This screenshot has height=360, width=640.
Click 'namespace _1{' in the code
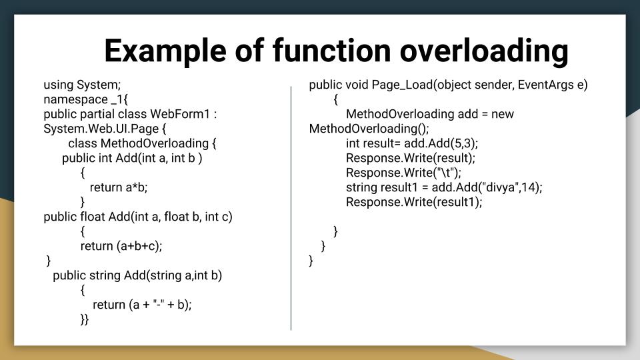click(x=85, y=99)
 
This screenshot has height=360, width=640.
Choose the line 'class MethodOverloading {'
click(x=143, y=143)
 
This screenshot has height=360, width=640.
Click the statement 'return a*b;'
click(x=119, y=187)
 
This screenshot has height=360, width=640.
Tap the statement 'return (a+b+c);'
click(x=121, y=246)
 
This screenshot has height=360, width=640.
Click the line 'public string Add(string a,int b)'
click(x=137, y=275)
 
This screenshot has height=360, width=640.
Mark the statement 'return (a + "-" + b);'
click(x=142, y=305)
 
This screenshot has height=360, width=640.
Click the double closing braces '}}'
click(x=85, y=319)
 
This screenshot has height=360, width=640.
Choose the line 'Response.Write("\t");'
click(x=403, y=173)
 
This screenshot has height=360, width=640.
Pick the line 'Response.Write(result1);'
click(x=413, y=202)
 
